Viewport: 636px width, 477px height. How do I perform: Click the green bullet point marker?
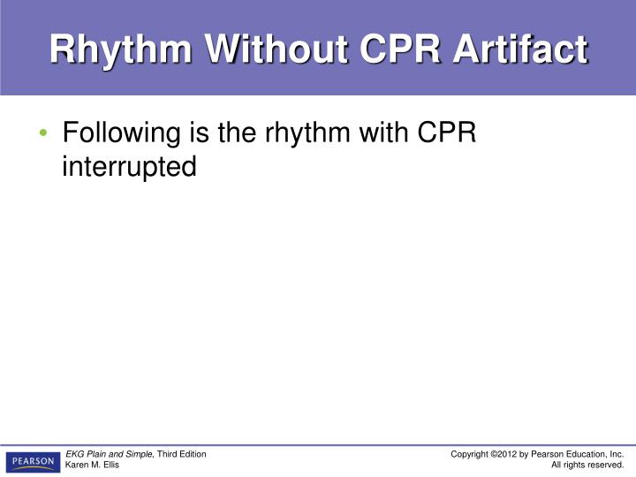43,134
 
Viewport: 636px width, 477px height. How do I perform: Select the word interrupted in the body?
129,166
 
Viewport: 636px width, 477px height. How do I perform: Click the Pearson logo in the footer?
33,460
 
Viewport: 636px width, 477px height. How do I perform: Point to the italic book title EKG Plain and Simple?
110,454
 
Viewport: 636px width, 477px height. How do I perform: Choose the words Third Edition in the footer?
182,454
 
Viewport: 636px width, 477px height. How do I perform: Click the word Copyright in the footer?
469,454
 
